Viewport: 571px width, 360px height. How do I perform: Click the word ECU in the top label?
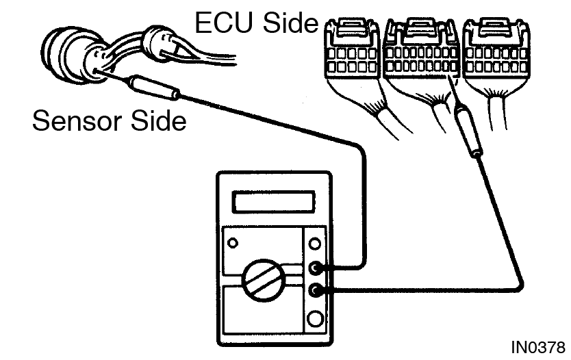point(224,23)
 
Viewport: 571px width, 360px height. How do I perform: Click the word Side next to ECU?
point(290,23)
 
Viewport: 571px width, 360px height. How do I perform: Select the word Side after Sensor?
point(158,120)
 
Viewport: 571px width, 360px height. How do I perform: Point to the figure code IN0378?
point(538,347)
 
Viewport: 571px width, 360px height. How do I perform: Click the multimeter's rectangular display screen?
point(273,202)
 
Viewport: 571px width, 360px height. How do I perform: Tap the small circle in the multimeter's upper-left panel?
point(233,243)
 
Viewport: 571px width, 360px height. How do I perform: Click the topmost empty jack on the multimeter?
point(315,244)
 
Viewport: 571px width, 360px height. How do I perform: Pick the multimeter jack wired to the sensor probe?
point(315,268)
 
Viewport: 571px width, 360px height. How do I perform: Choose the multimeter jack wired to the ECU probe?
point(315,290)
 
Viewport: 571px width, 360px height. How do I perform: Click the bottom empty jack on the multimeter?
point(315,319)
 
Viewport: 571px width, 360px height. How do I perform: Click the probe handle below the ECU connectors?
point(470,130)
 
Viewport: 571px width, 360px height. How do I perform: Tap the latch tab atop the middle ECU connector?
point(421,27)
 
